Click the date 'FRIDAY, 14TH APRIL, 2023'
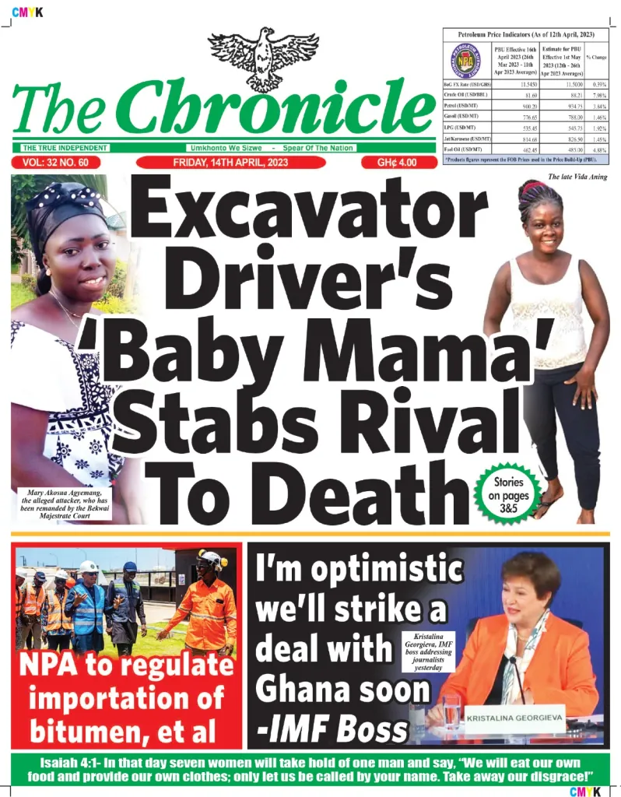[231, 163]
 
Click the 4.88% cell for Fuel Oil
[598, 149]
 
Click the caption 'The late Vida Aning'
[577, 177]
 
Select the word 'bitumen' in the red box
[82, 731]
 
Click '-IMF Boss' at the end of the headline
[332, 729]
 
